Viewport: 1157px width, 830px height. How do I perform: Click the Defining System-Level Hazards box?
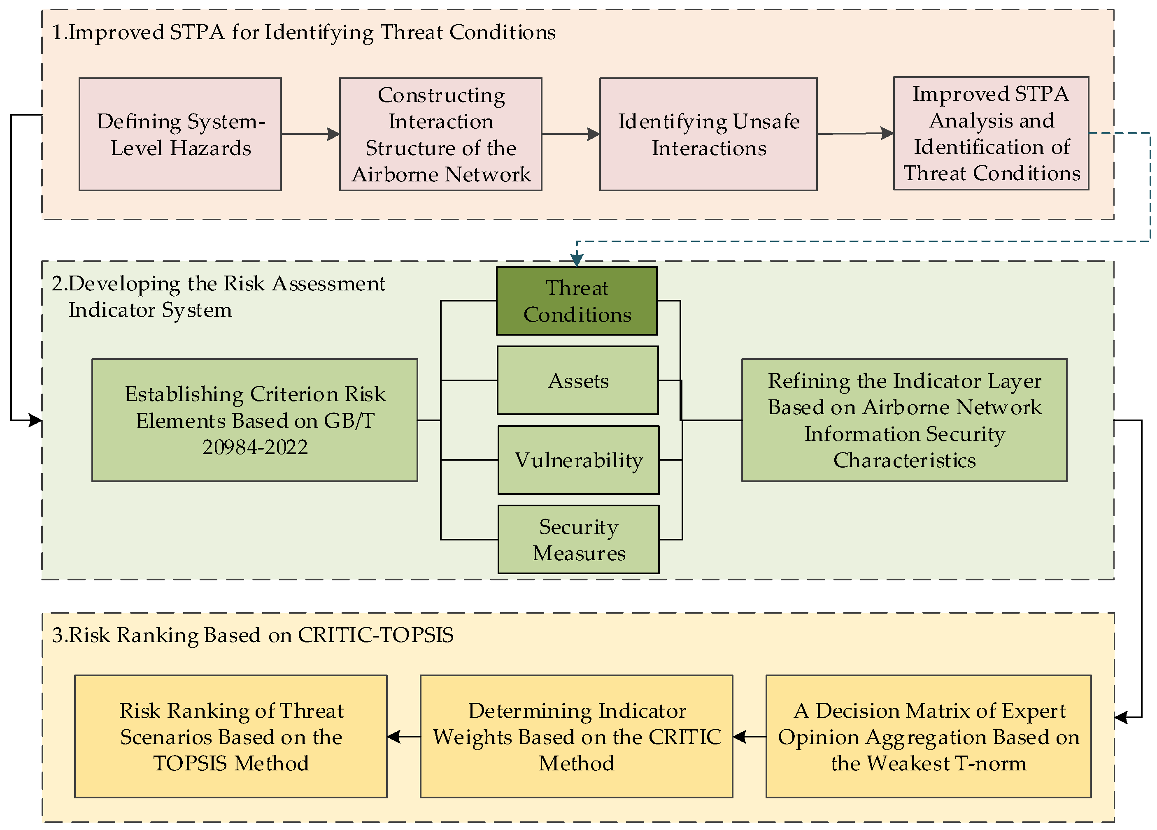click(x=180, y=134)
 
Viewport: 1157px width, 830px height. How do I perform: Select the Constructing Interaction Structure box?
click(x=440, y=134)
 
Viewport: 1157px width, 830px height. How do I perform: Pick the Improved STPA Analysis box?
click(x=991, y=133)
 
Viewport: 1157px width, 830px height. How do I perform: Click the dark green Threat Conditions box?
click(x=577, y=301)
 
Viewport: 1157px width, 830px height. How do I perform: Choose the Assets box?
click(x=577, y=380)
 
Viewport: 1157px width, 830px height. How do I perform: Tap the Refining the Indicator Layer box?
click(x=904, y=420)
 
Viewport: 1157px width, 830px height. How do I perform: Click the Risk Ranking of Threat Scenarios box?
click(x=230, y=736)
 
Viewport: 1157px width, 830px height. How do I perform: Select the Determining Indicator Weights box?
click(x=577, y=736)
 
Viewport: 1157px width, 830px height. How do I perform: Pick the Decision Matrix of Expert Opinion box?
click(x=929, y=736)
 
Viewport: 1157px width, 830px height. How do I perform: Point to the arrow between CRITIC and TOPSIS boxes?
click(x=403, y=736)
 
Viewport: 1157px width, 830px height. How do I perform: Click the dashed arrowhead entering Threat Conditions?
click(x=577, y=260)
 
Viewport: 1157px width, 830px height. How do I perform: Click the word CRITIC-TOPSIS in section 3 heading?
click(x=375, y=635)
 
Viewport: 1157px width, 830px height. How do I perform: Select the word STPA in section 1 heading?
click(x=197, y=32)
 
